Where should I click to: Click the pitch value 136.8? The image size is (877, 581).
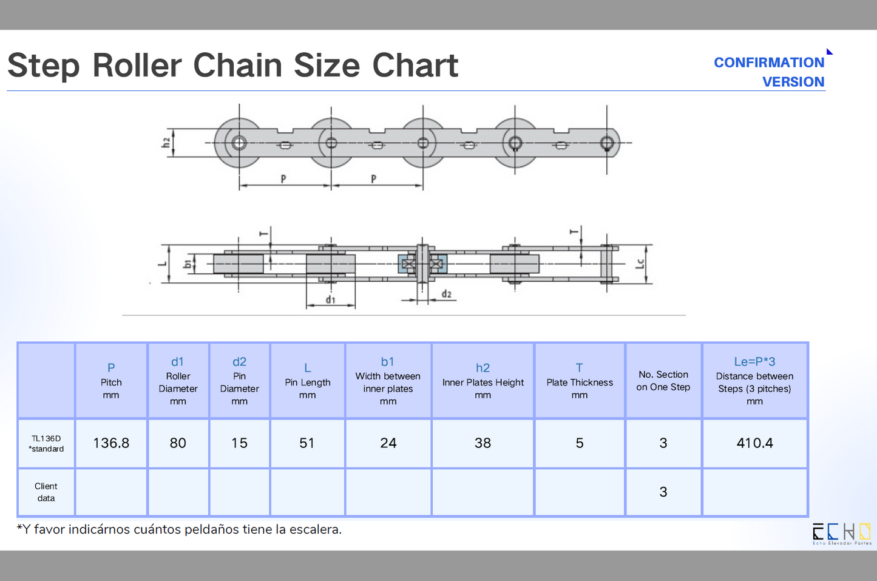[111, 443]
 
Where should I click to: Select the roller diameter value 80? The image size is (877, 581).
[178, 443]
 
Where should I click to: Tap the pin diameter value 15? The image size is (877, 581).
[240, 443]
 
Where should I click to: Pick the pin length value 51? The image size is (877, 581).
[307, 443]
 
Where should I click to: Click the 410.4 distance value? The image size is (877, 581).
[754, 443]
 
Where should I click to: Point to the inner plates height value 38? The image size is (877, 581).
[483, 443]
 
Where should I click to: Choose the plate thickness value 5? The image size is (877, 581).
[580, 443]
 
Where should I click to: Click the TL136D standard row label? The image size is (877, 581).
[46, 443]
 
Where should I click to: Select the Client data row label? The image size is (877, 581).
[46, 492]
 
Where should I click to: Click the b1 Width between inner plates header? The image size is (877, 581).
[388, 381]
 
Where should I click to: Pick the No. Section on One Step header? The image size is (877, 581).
[663, 381]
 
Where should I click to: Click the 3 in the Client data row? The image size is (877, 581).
[663, 492]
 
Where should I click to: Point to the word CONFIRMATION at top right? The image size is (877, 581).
[769, 63]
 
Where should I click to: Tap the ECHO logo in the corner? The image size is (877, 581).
[841, 533]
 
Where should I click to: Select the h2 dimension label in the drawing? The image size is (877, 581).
[166, 143]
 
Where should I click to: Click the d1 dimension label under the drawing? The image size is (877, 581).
[331, 299]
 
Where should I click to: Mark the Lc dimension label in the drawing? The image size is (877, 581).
[640, 263]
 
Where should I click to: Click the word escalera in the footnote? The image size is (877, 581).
[316, 529]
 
